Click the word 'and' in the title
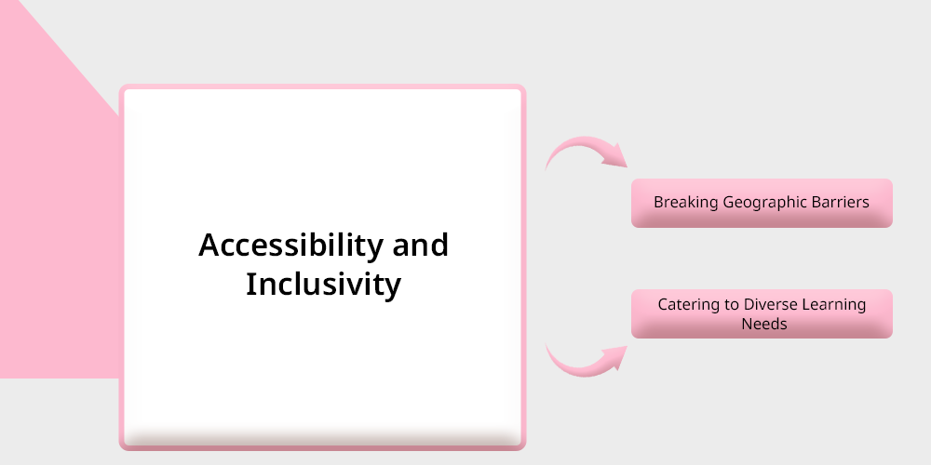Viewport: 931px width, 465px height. click(x=421, y=245)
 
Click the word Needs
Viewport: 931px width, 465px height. click(x=764, y=324)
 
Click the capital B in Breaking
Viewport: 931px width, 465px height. click(x=659, y=202)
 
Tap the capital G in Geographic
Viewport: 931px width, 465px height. click(x=730, y=202)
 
